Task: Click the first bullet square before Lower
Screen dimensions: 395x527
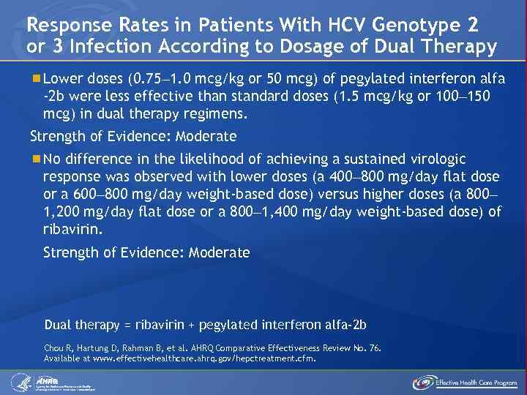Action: point(37,78)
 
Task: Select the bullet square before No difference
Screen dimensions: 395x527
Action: point(37,159)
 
